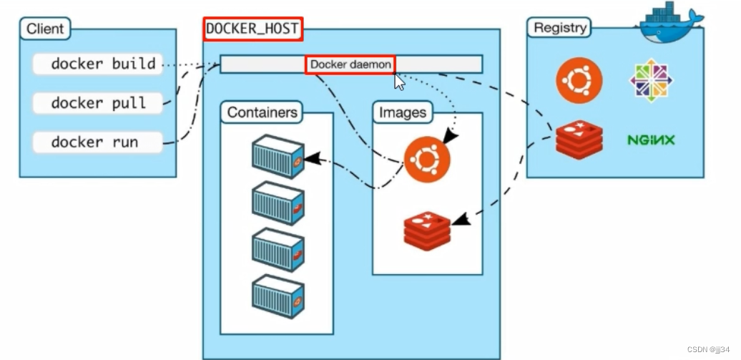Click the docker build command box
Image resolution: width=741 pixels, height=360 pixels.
click(97, 64)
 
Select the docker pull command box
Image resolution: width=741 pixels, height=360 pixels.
click(97, 103)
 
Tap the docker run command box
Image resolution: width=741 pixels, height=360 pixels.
click(97, 142)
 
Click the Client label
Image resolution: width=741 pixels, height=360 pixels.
click(45, 29)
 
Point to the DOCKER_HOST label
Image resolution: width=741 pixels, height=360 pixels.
click(252, 29)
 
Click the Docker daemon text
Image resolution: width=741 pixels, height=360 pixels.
click(350, 64)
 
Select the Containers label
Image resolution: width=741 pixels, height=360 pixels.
click(262, 112)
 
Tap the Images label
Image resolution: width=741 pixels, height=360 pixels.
click(403, 112)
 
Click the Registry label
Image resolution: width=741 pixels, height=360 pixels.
click(559, 27)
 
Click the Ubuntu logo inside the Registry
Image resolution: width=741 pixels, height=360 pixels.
click(579, 80)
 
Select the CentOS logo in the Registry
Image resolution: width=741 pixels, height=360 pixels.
click(651, 80)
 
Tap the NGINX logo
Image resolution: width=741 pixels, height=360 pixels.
click(651, 140)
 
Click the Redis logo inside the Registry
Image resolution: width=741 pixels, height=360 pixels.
click(579, 139)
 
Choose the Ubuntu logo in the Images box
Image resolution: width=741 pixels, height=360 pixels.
click(427, 160)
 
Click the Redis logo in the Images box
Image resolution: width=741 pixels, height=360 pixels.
click(427, 231)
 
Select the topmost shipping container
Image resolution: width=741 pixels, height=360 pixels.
click(278, 157)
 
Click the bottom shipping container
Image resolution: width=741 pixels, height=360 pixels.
click(278, 296)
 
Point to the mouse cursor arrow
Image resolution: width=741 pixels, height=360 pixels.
click(399, 82)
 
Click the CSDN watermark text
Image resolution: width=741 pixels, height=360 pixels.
click(708, 349)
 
